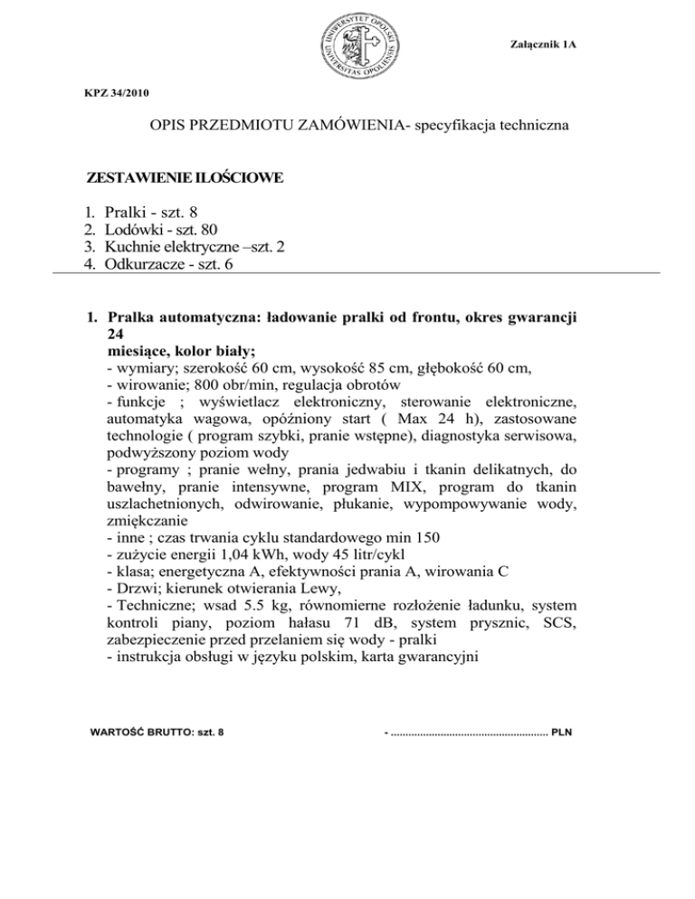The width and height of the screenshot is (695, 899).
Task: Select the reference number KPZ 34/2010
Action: pos(111,93)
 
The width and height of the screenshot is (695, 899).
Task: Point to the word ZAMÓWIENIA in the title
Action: pos(349,128)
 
